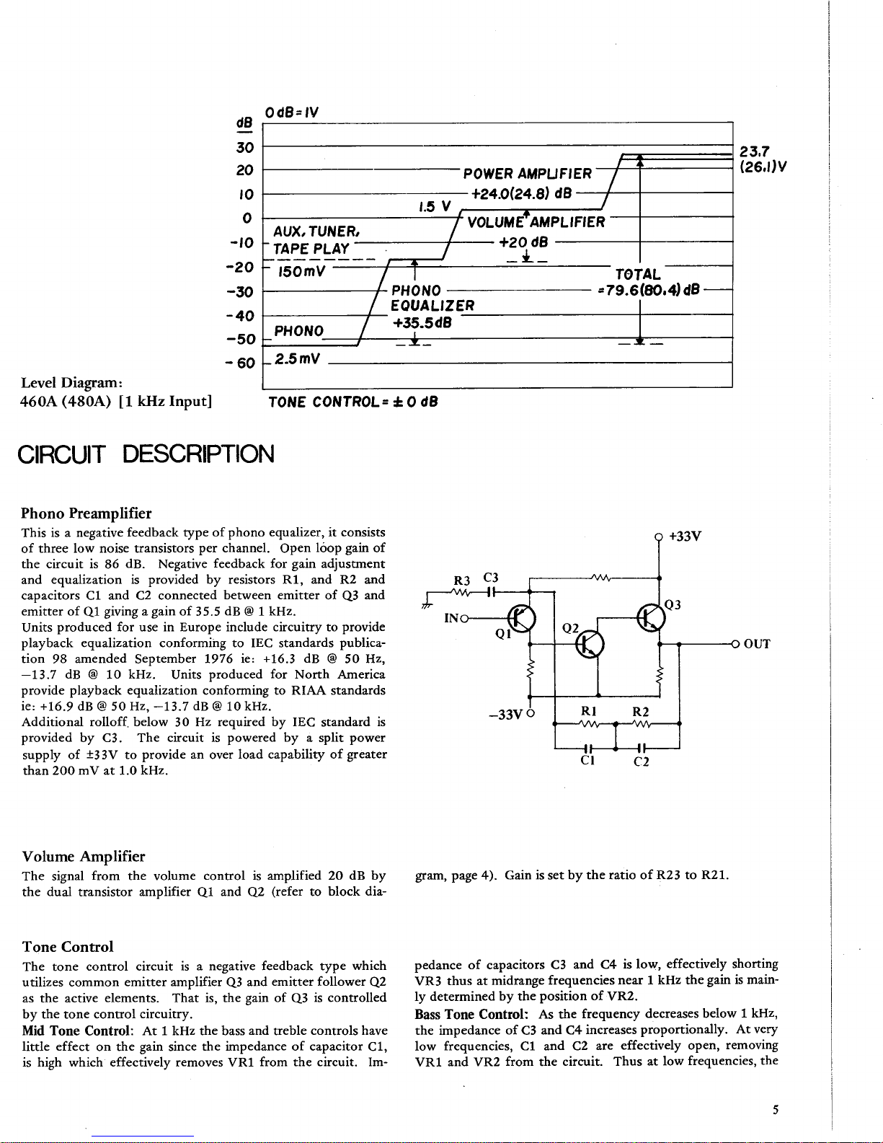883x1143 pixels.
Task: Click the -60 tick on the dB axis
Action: [x=242, y=362]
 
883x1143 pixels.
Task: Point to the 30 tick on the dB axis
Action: [x=245, y=147]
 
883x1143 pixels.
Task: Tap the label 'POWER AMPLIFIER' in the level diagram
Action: [x=527, y=174]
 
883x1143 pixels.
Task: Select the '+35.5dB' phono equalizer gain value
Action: [x=422, y=322]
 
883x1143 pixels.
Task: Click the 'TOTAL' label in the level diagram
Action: [x=637, y=275]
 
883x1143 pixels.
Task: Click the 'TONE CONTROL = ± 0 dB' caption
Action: [x=352, y=402]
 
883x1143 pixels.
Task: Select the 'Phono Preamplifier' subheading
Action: [x=86, y=513]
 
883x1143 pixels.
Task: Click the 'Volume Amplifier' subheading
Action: [x=84, y=857]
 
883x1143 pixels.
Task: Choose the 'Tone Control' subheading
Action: [x=68, y=947]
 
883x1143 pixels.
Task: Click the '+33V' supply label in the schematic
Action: [x=685, y=537]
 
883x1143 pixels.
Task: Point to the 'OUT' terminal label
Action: [x=757, y=644]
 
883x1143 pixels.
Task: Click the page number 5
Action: [x=775, y=1110]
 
